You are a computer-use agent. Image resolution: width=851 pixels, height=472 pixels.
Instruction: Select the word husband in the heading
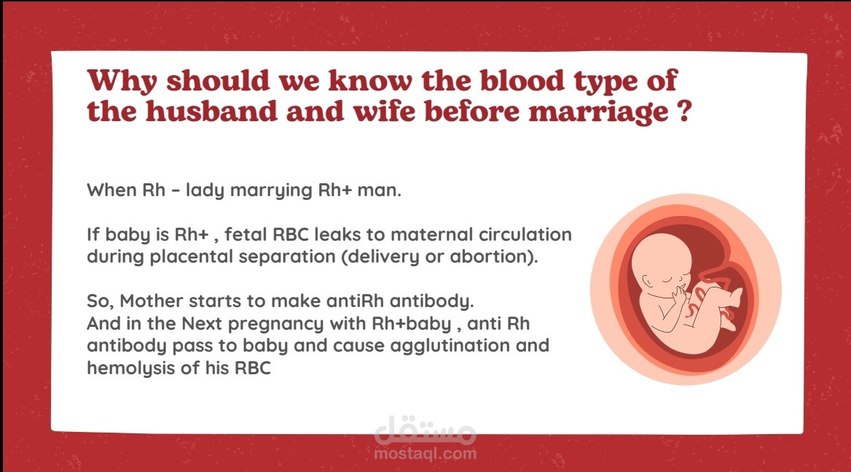211,112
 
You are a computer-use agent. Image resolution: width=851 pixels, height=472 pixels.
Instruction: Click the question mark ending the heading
685,111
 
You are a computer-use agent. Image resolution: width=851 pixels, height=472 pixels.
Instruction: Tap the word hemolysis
131,368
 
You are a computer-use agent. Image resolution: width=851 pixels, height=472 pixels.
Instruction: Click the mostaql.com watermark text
425,454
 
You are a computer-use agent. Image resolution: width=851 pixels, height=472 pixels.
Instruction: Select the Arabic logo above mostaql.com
425,428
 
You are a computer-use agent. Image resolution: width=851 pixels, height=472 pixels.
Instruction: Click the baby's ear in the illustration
648,282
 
